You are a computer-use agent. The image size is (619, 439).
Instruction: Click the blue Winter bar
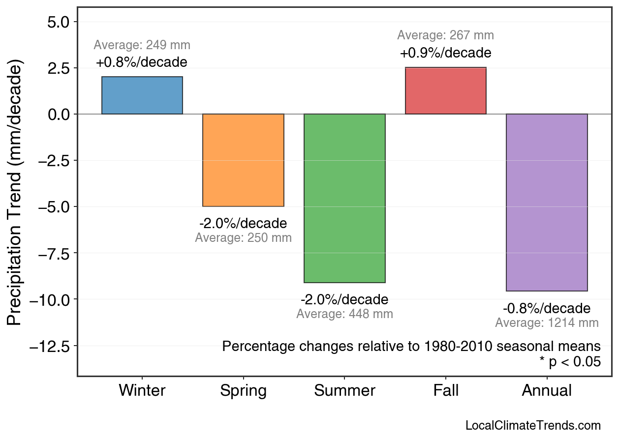(142, 95)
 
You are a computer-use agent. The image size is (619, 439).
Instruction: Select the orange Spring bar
(244, 160)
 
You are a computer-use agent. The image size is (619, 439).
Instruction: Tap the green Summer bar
(344, 198)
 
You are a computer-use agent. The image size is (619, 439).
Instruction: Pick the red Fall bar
(446, 91)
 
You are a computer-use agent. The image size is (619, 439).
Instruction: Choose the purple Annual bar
(547, 203)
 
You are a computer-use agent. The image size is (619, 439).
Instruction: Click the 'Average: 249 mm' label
(142, 45)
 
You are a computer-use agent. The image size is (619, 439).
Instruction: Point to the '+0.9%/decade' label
(445, 53)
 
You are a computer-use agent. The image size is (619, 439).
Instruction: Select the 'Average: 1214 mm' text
(547, 323)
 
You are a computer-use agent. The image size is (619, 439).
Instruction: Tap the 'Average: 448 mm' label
(344, 314)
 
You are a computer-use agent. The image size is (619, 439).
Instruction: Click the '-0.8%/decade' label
(547, 309)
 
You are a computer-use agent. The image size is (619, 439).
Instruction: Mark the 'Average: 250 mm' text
(243, 238)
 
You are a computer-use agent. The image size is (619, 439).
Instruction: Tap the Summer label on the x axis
(344, 391)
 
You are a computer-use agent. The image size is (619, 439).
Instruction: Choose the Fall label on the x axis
(446, 391)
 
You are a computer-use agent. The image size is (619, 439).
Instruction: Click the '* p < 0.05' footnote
(570, 362)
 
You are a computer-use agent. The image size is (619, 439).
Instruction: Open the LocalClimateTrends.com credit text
(533, 425)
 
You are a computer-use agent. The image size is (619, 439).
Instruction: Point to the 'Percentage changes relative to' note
(411, 346)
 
